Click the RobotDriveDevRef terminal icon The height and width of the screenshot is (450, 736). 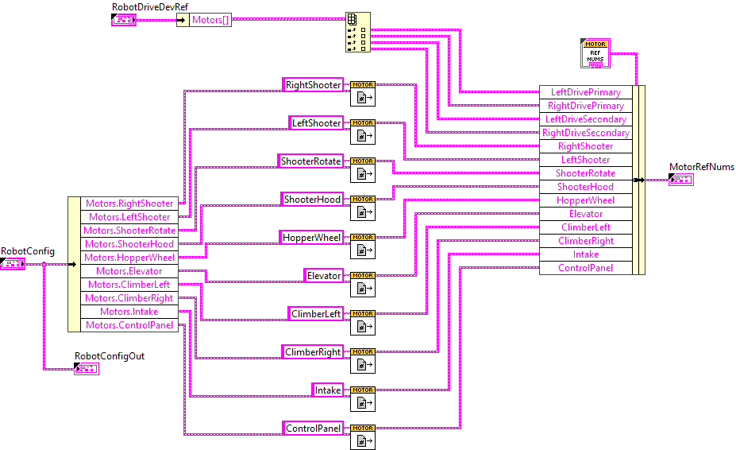coord(125,18)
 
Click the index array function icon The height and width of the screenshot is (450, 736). coord(357,32)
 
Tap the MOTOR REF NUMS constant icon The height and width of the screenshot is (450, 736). coord(595,53)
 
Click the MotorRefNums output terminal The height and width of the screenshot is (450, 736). coord(681,180)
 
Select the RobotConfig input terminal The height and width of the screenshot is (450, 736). coord(13,263)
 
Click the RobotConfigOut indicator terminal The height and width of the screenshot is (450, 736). coord(87,368)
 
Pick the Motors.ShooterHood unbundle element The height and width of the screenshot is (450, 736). coord(129,244)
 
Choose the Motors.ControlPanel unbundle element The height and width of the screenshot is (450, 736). coord(129,325)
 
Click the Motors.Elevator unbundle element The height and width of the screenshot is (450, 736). coord(129,271)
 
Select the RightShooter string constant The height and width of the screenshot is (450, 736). coord(313,85)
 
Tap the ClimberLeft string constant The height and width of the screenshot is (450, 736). coord(316,314)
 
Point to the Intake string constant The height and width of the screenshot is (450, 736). coord(328,390)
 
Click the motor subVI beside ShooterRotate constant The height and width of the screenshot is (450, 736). coord(362,172)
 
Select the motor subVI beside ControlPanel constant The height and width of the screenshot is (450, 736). coord(362,439)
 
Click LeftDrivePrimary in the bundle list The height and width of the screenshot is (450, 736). coord(586,92)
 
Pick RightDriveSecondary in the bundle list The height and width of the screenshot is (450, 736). coord(586,133)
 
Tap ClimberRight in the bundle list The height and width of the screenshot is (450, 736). coord(586,241)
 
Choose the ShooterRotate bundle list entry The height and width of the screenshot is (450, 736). coord(586,173)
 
